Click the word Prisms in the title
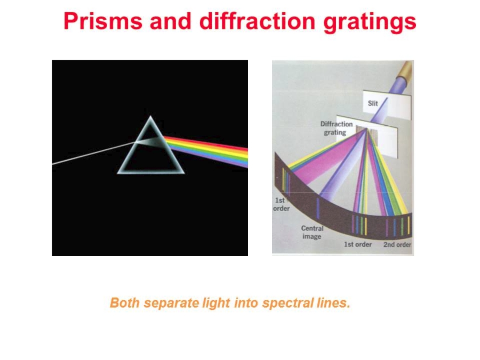(x=103, y=21)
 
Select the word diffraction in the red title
(x=258, y=21)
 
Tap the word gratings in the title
(x=370, y=22)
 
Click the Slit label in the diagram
(x=373, y=103)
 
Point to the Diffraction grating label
(x=336, y=128)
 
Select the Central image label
(x=312, y=233)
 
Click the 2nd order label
(x=397, y=245)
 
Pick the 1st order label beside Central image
(x=281, y=204)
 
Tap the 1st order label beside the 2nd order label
(x=357, y=244)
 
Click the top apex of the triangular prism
(x=150, y=116)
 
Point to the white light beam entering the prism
(x=94, y=153)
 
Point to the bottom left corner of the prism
(x=117, y=173)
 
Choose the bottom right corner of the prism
(x=184, y=173)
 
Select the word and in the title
(x=171, y=21)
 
